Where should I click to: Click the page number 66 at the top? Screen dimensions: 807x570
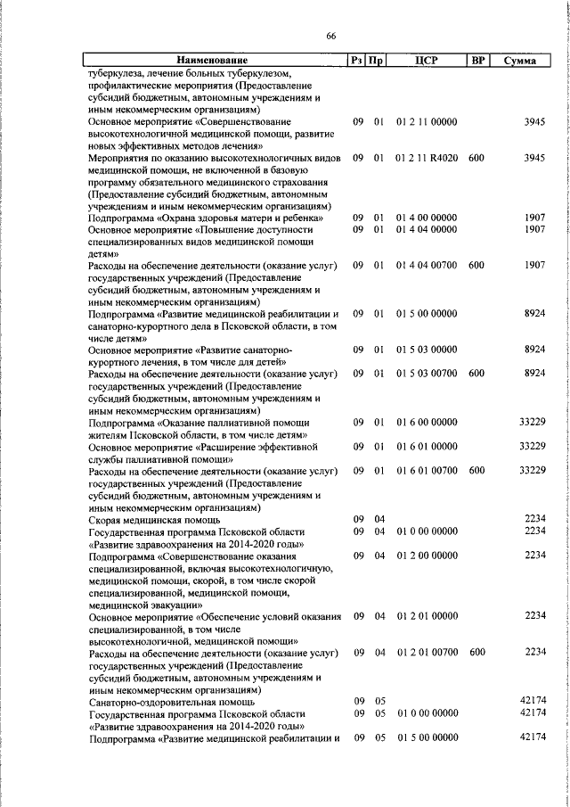click(331, 36)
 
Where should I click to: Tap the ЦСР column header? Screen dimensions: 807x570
click(427, 61)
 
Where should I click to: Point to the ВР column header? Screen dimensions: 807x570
click(476, 61)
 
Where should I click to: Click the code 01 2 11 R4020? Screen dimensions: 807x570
click(427, 157)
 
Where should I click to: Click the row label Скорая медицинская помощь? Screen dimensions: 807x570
click(153, 519)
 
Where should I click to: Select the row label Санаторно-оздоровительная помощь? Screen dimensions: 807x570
click(161, 701)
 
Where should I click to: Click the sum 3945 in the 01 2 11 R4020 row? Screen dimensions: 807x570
click(534, 157)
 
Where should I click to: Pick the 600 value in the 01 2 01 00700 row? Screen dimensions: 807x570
click(476, 652)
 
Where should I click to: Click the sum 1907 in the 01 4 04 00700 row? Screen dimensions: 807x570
click(534, 266)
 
